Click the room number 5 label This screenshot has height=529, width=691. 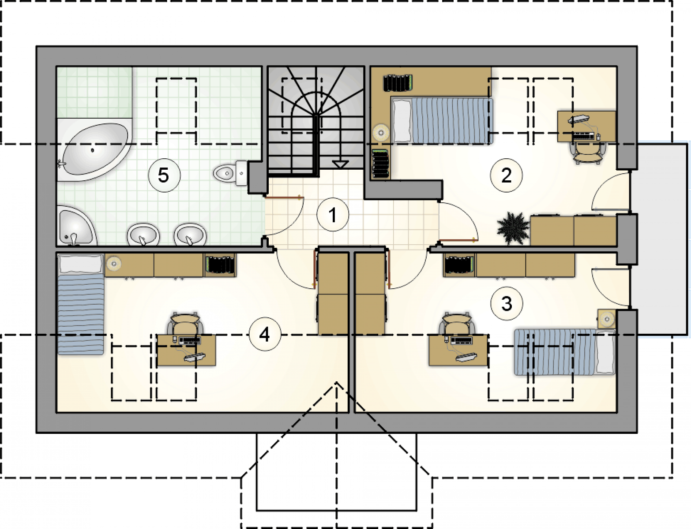coord(164,176)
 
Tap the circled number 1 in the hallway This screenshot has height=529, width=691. coord(333,215)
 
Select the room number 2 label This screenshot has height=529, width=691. coord(506,175)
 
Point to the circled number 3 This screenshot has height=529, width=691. coord(507,304)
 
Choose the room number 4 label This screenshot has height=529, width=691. coord(265,335)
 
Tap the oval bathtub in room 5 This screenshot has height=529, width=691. coord(94,149)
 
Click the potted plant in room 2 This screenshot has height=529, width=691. coord(513,228)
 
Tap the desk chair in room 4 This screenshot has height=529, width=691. coord(186,323)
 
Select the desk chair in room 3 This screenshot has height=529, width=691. coord(457,323)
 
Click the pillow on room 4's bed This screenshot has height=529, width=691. coord(80,264)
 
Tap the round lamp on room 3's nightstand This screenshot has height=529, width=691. coord(607,318)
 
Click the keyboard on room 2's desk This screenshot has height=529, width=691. coord(583,136)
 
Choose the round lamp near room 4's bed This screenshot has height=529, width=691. coord(113,264)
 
